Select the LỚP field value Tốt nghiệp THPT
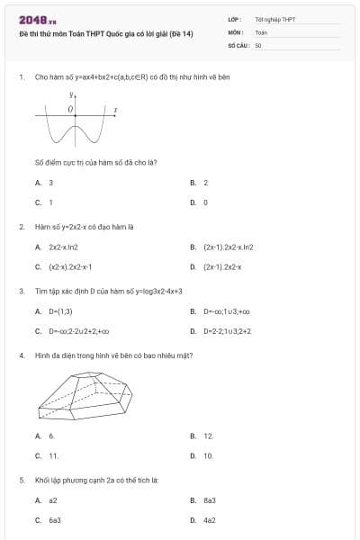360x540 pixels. [x=274, y=18]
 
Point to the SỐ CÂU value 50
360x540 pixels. [x=258, y=43]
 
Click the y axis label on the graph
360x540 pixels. [x=69, y=94]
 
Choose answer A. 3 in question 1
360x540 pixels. [x=45, y=183]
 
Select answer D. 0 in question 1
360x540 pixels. [x=200, y=202]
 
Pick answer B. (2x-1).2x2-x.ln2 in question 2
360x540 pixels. [x=222, y=247]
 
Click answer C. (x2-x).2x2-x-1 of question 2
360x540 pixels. [x=65, y=266]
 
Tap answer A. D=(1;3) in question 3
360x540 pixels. [x=53, y=311]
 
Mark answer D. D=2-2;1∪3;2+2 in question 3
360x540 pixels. [x=220, y=331]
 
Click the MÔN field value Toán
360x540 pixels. [x=262, y=31]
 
